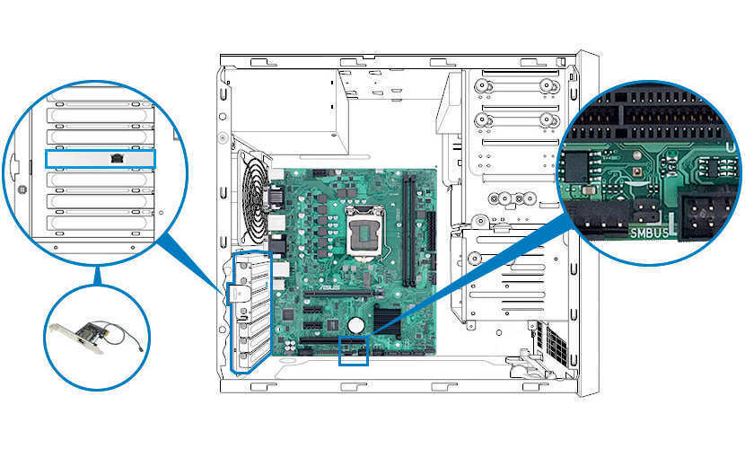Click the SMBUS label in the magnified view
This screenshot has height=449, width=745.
coord(649,233)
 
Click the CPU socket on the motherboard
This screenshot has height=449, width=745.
coord(364,233)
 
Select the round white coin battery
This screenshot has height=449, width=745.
coord(355,325)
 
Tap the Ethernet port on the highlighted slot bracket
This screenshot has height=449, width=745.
coord(117,158)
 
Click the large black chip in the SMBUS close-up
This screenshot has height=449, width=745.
coord(577,167)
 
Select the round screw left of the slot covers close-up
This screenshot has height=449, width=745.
coord(22,189)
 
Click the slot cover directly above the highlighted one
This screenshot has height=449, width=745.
coord(100,136)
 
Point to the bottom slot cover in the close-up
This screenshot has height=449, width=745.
coord(100,223)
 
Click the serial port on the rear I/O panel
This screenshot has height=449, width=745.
coord(276,197)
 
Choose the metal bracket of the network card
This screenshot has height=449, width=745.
coord(76,339)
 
